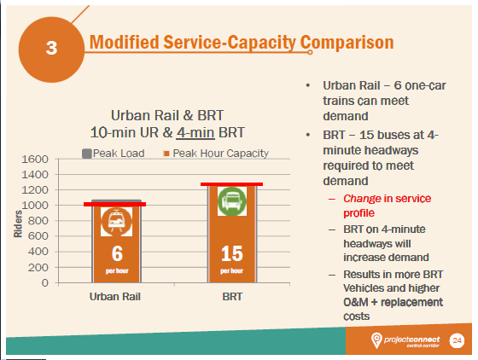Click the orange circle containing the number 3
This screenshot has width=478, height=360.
(51, 48)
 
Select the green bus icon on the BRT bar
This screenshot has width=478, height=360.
(231, 202)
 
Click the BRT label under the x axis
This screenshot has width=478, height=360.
(231, 299)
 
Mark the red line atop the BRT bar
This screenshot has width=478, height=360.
(231, 184)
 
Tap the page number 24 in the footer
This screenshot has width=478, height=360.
(456, 340)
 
